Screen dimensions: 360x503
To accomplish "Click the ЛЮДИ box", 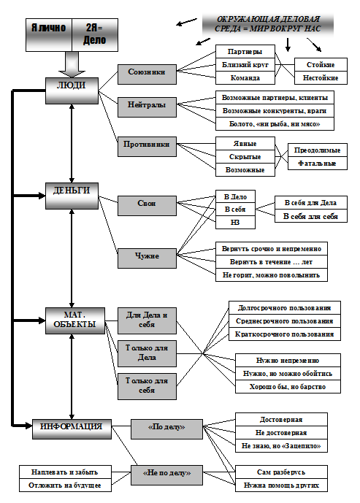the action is click(x=72, y=91).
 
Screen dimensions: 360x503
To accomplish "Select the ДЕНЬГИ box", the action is click(x=72, y=196).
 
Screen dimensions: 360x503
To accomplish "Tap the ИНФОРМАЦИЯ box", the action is click(x=72, y=429).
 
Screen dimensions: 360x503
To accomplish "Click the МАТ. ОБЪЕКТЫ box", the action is click(x=75, y=320).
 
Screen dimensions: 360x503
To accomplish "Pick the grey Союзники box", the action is click(x=147, y=74).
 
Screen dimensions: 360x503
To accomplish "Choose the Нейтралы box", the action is click(x=147, y=107).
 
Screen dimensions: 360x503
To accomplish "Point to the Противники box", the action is click(x=147, y=147).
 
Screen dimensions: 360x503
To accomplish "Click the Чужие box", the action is click(x=147, y=258).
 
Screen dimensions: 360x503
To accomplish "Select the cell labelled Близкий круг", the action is click(x=245, y=65).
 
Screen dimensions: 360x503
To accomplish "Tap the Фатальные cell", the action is click(x=318, y=164).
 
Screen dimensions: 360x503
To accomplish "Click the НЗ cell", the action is click(x=235, y=223).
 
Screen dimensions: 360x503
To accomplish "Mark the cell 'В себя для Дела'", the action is click(x=311, y=203).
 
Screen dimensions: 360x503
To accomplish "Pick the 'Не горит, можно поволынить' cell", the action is click(x=272, y=275).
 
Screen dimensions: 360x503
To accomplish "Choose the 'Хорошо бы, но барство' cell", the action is click(x=288, y=386).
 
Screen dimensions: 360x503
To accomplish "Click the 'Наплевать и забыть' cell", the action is click(x=65, y=472).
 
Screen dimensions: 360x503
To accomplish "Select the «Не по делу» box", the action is click(x=166, y=475).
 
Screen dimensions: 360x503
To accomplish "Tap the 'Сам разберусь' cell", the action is click(x=281, y=472).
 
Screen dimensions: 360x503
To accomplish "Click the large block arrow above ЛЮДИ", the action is click(x=72, y=64).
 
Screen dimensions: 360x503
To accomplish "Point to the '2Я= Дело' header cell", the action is click(x=95, y=34).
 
